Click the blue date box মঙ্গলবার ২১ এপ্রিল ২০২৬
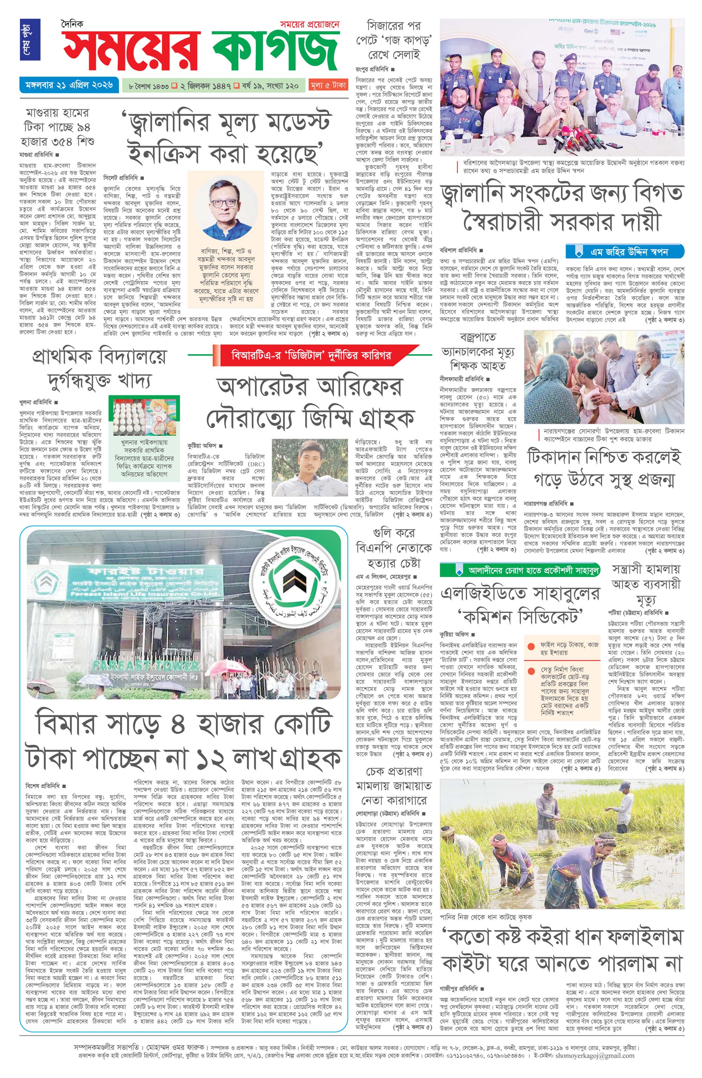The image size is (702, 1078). tap(67, 84)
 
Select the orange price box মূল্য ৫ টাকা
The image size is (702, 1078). tap(328, 85)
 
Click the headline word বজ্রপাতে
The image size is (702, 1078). tap(477, 337)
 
